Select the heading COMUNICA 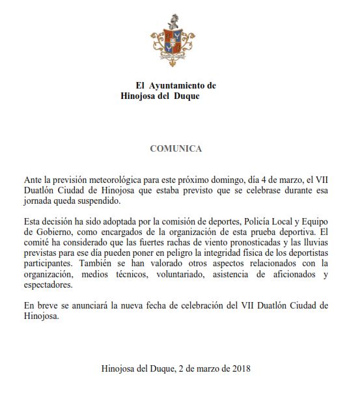pyautogui.click(x=176, y=148)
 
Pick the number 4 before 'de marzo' pyautogui.click(x=264, y=179)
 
